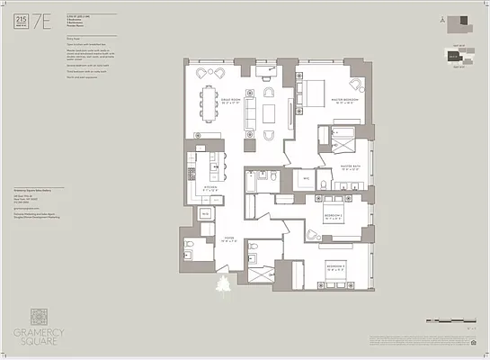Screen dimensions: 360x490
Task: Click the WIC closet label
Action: (x=306, y=179)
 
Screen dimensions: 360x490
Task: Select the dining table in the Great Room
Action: (x=211, y=97)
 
